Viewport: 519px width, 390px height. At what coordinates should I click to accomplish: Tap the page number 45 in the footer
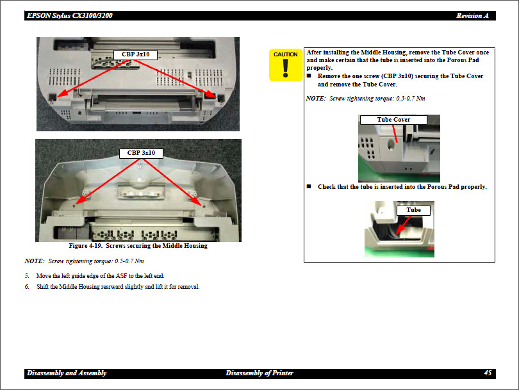pyautogui.click(x=488, y=373)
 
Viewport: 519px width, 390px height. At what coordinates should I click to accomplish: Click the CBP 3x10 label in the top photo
pyautogui.click(x=135, y=54)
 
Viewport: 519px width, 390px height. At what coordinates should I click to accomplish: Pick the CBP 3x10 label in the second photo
pyautogui.click(x=141, y=153)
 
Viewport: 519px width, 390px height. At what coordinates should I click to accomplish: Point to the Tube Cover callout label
pyautogui.click(x=393, y=120)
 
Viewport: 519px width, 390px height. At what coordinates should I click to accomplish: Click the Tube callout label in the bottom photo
pyautogui.click(x=414, y=210)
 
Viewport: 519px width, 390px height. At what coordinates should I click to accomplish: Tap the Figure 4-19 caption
pyautogui.click(x=138, y=246)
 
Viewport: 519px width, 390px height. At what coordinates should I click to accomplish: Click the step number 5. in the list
pyautogui.click(x=27, y=275)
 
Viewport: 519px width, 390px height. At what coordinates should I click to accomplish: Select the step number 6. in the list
pyautogui.click(x=27, y=286)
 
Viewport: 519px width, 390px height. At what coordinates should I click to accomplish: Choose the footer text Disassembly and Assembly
pyautogui.click(x=67, y=373)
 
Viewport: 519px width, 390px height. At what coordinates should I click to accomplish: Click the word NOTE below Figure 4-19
pyautogui.click(x=33, y=261)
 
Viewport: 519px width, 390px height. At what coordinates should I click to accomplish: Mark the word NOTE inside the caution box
pyautogui.click(x=315, y=99)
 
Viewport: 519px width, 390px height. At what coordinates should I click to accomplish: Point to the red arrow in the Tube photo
pyautogui.click(x=404, y=223)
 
